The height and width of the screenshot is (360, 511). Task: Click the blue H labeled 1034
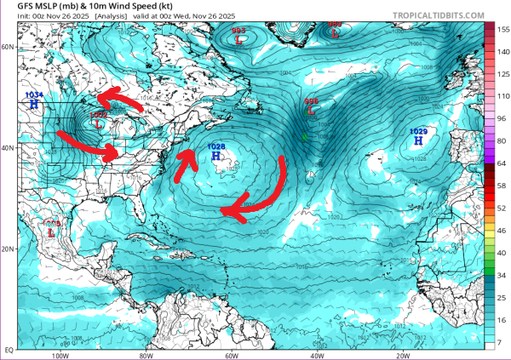click(x=34, y=104)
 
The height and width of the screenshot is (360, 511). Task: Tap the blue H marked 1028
click(x=217, y=157)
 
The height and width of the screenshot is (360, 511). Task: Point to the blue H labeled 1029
click(x=418, y=141)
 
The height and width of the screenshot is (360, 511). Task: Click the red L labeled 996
click(x=312, y=111)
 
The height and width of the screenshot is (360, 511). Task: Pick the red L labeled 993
click(x=238, y=39)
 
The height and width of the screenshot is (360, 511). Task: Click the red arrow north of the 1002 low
click(x=119, y=100)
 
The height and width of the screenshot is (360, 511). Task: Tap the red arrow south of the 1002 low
click(x=89, y=146)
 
